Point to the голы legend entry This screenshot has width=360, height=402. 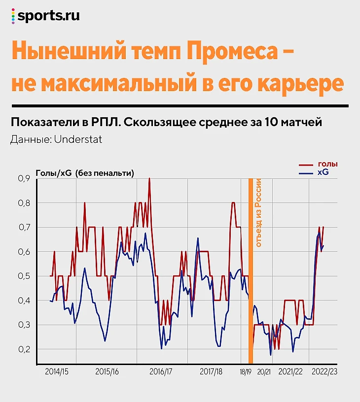click(328, 164)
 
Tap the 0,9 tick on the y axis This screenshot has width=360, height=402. click(24, 179)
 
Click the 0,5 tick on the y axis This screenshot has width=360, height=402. click(24, 276)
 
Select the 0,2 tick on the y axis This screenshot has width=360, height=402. click(24, 349)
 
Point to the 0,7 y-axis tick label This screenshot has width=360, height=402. click(24, 228)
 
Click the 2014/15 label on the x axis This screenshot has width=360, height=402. click(57, 371)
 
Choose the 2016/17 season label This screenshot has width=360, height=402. click(161, 371)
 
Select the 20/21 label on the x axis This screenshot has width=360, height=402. click(264, 371)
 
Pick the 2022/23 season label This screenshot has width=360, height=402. click(324, 371)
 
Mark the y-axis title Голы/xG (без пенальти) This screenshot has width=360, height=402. click(84, 173)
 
